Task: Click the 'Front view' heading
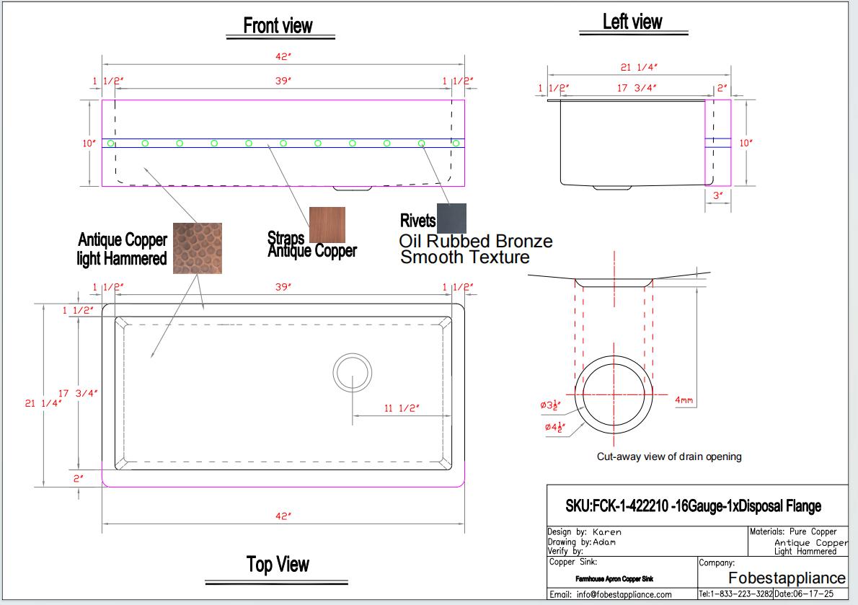pyautogui.click(x=278, y=26)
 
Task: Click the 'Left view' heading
pyautogui.click(x=632, y=22)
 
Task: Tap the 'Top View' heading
pyautogui.click(x=278, y=565)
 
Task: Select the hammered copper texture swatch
pyautogui.click(x=197, y=248)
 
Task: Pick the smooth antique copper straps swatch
pyautogui.click(x=327, y=225)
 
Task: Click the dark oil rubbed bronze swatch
pyautogui.click(x=451, y=218)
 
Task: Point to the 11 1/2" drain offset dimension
pyautogui.click(x=402, y=409)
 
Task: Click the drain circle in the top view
pyautogui.click(x=353, y=373)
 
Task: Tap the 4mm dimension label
pyautogui.click(x=684, y=399)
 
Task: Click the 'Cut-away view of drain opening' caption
pyautogui.click(x=668, y=456)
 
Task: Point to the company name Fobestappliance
pyautogui.click(x=787, y=578)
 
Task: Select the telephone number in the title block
pyautogui.click(x=735, y=594)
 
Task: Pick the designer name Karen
pyautogui.click(x=606, y=532)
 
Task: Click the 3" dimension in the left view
pyautogui.click(x=717, y=195)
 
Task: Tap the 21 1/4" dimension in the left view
pyautogui.click(x=639, y=67)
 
